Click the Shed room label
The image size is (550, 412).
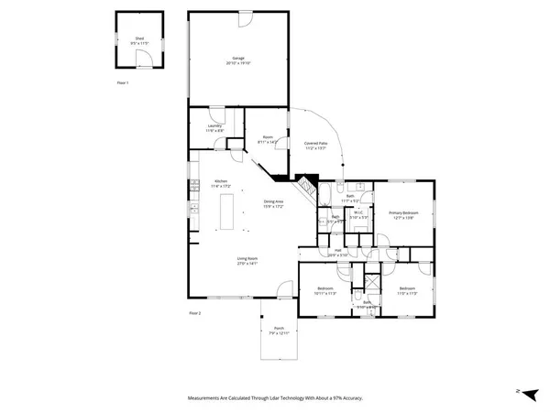[139, 40]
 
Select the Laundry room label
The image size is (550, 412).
[214, 128]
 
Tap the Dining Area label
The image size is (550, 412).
[274, 202]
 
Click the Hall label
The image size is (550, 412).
[337, 250]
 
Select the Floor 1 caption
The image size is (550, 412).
[123, 82]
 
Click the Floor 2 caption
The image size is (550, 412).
[194, 313]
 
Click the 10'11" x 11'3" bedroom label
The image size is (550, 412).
[325, 291]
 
